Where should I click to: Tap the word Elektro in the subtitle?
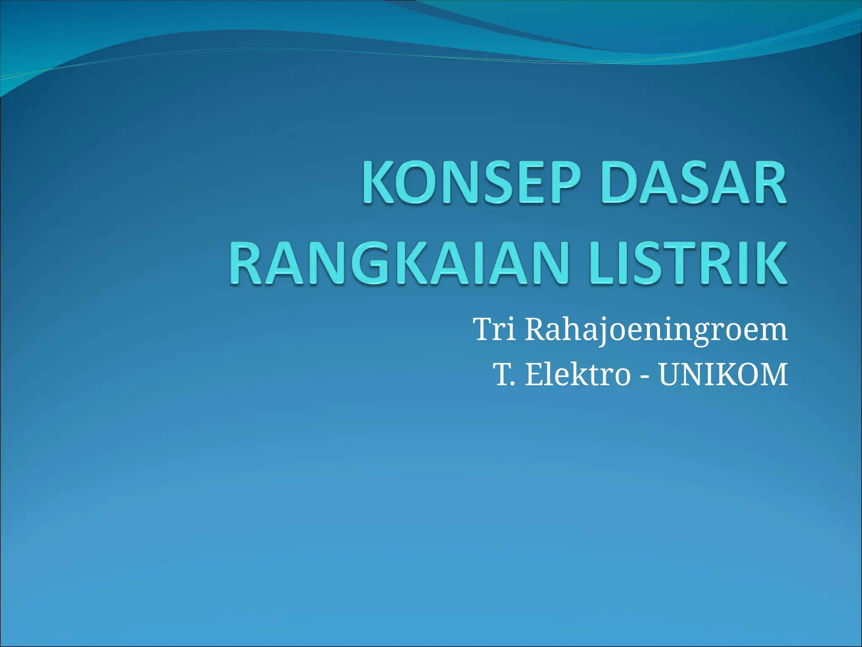coord(577,374)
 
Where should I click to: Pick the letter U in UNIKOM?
coord(670,374)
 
